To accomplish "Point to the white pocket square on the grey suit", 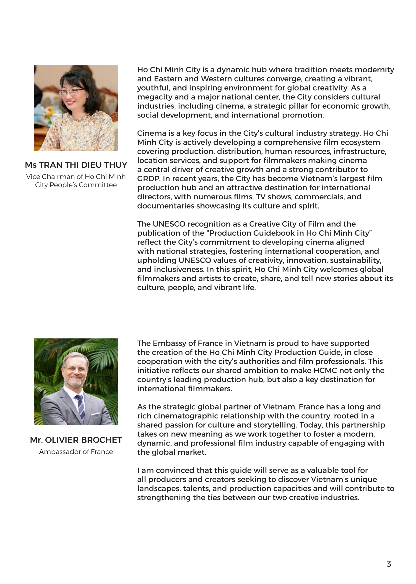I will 96,414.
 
